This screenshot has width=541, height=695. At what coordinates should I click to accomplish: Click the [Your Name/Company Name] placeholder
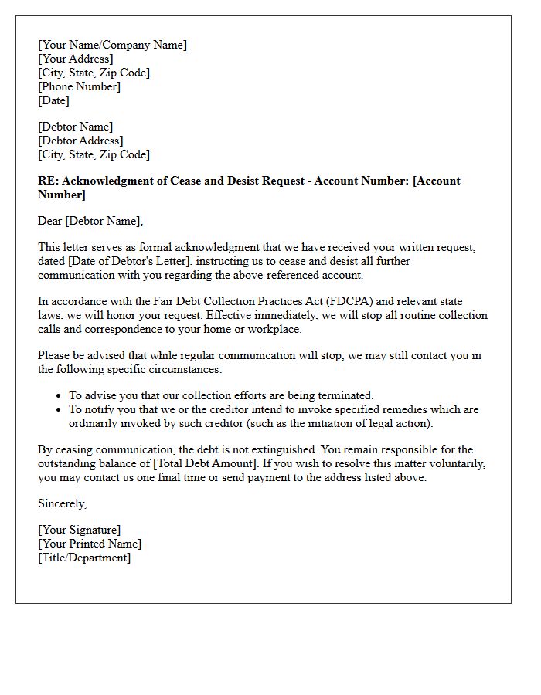click(112, 45)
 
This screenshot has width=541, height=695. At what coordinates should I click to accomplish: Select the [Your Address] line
click(75, 59)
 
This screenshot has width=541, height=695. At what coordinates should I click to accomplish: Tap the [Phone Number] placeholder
click(79, 86)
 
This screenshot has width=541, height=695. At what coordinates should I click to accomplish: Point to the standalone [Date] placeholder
click(53, 100)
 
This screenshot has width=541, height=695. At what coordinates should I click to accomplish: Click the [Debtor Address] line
click(80, 141)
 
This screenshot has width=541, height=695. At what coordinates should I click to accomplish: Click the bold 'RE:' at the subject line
click(48, 181)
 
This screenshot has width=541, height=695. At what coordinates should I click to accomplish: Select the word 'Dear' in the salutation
click(50, 221)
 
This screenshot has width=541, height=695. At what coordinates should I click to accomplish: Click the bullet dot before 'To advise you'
click(60, 395)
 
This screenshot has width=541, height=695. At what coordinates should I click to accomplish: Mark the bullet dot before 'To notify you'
click(60, 409)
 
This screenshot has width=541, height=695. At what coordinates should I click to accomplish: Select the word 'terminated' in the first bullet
click(345, 395)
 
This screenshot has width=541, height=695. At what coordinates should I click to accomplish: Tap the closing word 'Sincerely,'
click(63, 503)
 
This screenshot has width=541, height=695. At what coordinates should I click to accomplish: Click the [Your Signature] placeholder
click(79, 530)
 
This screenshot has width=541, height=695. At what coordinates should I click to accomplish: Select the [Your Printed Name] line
click(90, 544)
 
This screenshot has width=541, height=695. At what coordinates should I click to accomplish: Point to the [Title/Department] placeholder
click(84, 558)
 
